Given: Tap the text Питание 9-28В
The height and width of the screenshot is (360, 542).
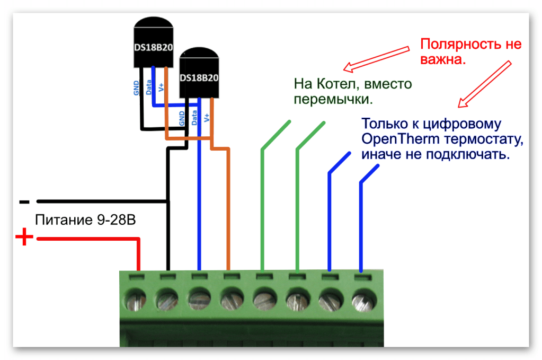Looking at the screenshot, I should (x=85, y=219).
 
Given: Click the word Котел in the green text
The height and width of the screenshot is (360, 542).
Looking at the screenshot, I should (x=336, y=84).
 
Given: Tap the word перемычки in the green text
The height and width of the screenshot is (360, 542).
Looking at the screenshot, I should (x=331, y=99).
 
